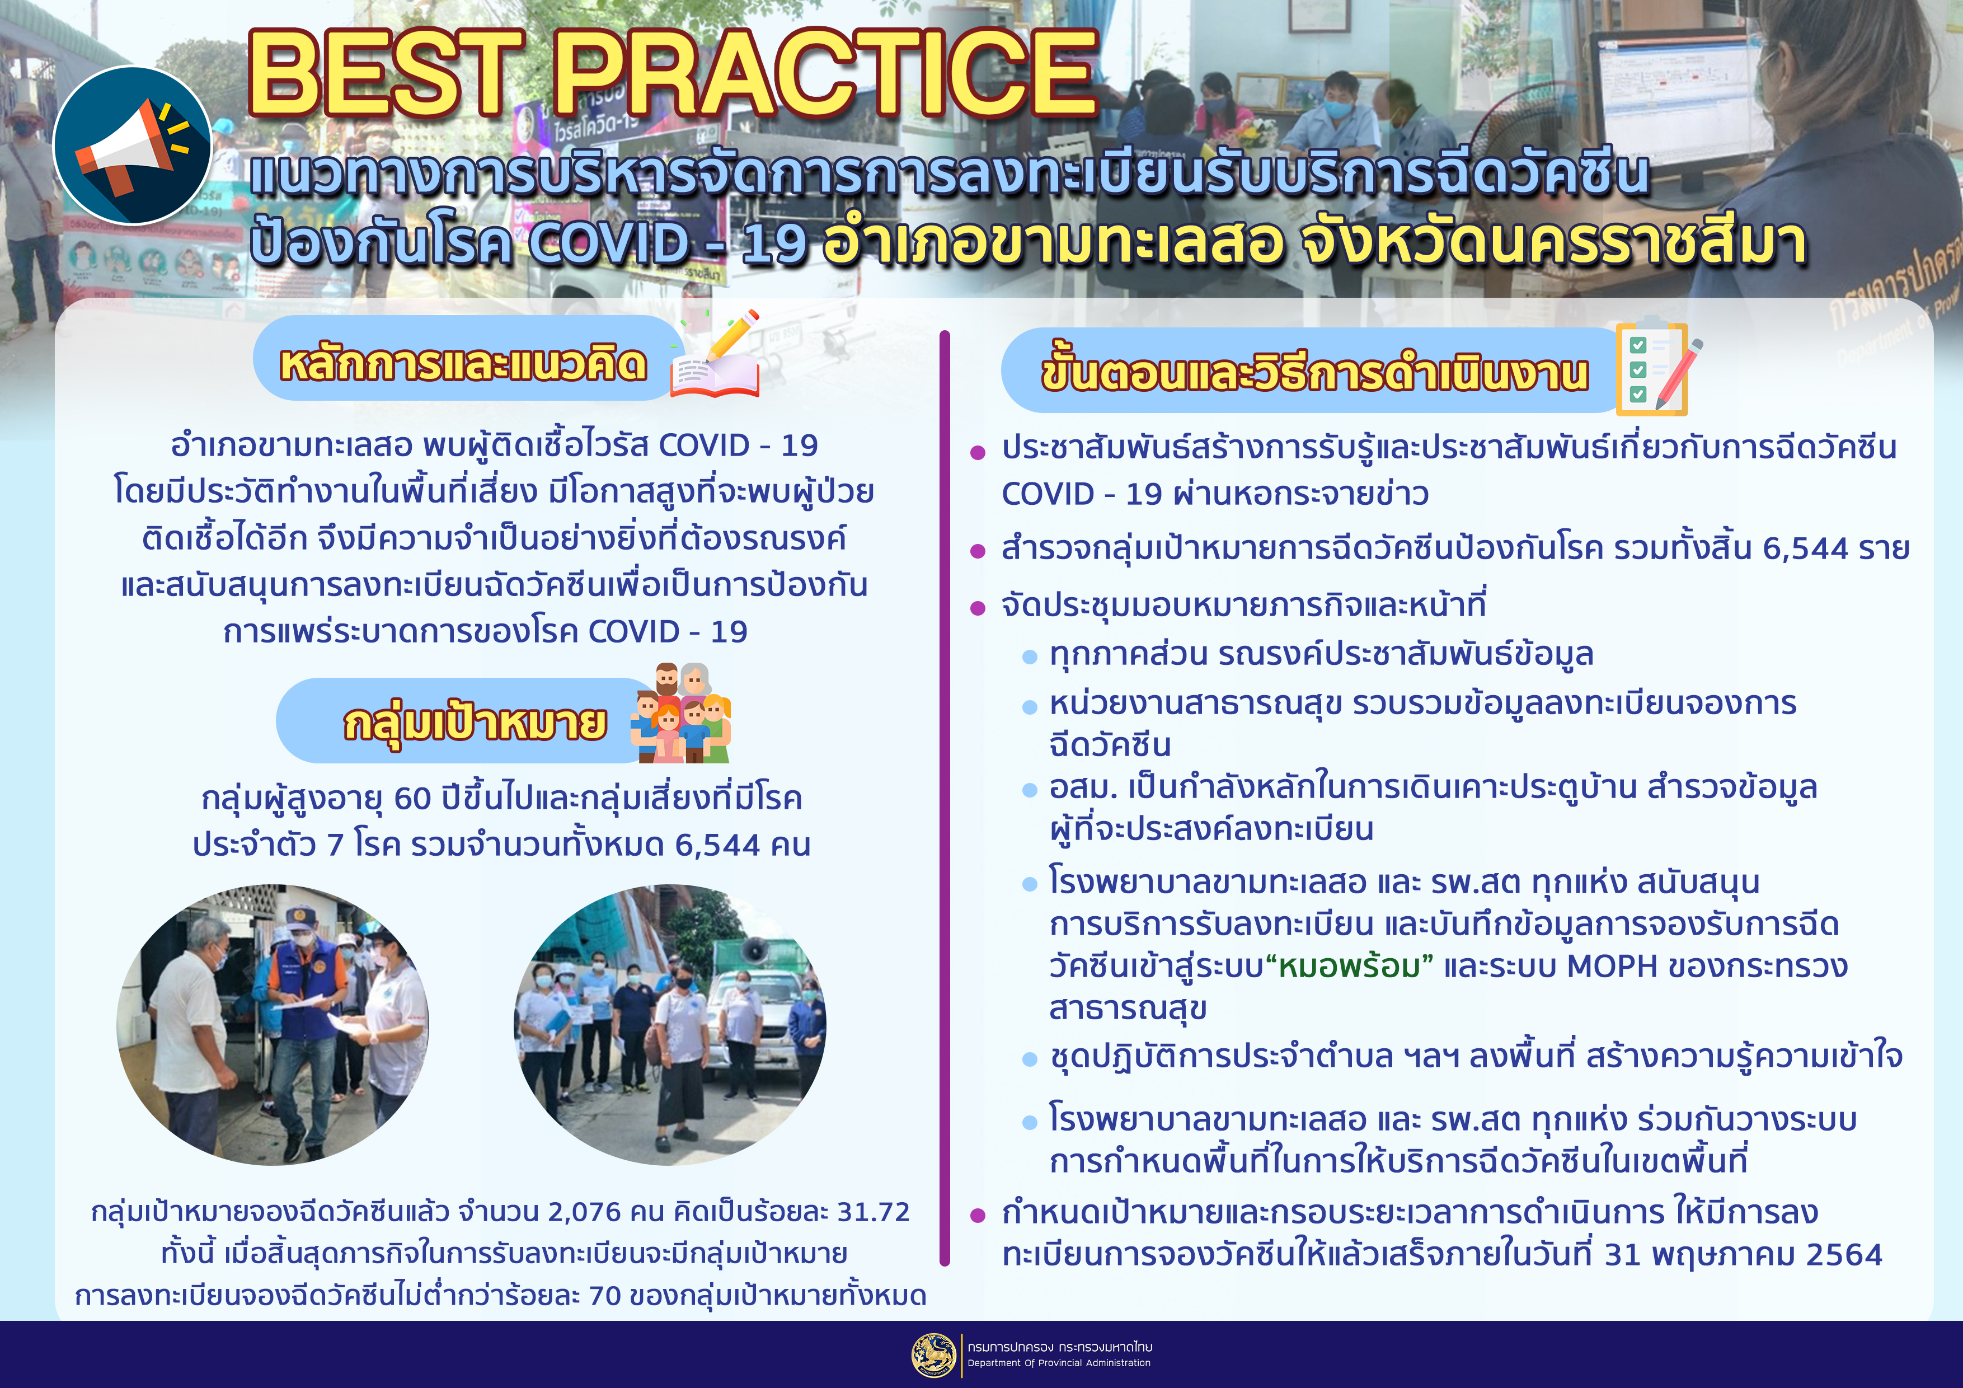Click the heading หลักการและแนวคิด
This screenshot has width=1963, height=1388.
pos(463,363)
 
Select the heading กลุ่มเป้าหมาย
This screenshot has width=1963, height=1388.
pos(475,723)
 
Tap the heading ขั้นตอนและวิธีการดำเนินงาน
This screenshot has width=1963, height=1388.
pos(1314,373)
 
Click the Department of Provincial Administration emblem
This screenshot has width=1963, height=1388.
pos(933,1356)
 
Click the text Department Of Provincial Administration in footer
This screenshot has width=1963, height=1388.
pos(1059,1363)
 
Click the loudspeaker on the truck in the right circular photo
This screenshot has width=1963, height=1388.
pos(755,950)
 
